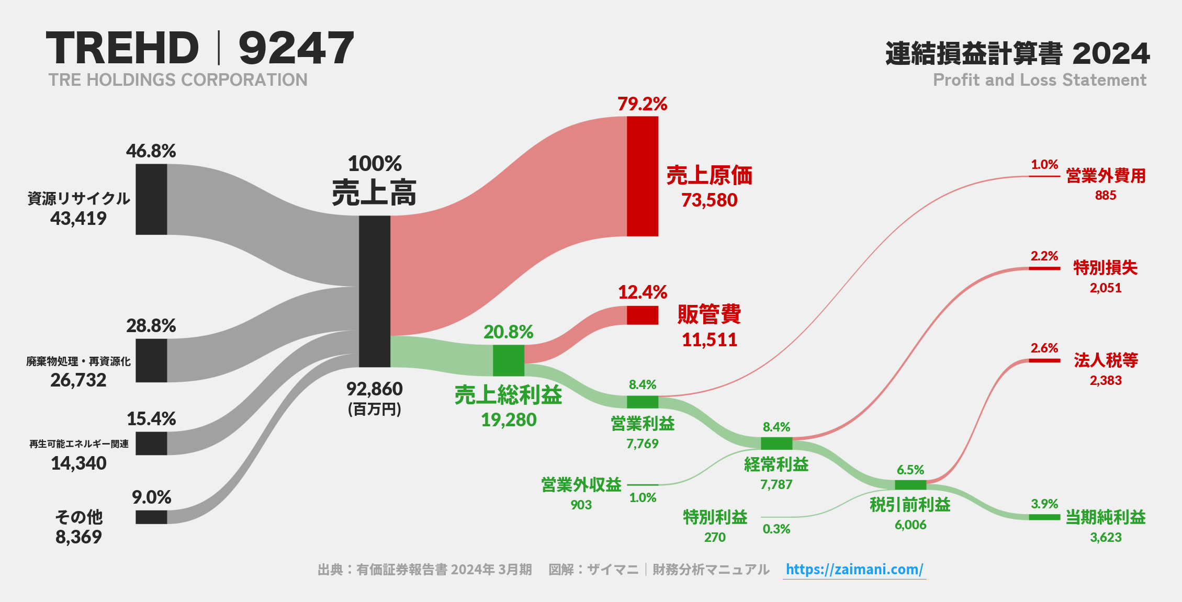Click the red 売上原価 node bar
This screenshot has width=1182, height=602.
point(643,176)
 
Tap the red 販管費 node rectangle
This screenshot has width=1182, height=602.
point(643,315)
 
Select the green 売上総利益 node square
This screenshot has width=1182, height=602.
point(509,360)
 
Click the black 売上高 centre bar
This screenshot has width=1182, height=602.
point(375,291)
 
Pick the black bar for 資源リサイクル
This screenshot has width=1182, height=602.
point(151,199)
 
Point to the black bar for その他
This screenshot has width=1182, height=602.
point(151,517)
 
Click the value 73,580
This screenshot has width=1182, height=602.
point(709,200)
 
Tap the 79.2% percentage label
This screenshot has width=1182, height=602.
point(642,104)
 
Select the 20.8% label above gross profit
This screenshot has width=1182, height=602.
point(508,332)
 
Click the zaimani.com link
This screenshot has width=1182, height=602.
point(854,570)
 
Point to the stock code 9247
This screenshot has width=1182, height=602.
point(296,48)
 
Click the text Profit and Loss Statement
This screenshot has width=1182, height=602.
point(1039,80)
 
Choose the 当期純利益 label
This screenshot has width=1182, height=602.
point(1106,517)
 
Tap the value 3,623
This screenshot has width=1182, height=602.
point(1106,537)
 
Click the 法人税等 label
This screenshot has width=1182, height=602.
point(1106,360)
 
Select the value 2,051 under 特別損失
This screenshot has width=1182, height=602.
point(1106,288)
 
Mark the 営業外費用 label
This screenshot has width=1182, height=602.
point(1106,176)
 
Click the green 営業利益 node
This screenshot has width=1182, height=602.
point(643,402)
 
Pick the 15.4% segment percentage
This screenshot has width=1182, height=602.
point(151,419)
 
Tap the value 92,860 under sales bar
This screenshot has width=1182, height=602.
point(375,389)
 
